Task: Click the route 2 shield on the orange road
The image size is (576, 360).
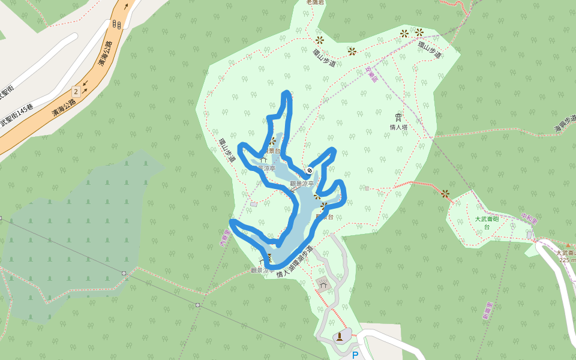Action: click(76, 92)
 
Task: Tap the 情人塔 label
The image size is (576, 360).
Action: click(398, 127)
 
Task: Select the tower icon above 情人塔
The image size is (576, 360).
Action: click(398, 117)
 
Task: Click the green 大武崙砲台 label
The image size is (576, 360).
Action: click(487, 223)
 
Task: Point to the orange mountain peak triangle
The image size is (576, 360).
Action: click(568, 245)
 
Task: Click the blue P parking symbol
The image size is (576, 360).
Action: click(355, 355)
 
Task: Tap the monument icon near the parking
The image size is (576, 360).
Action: click(340, 335)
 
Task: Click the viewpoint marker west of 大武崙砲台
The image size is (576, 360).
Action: click(445, 193)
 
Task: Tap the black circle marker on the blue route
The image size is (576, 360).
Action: click(310, 170)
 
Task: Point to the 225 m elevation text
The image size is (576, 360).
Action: click(567, 260)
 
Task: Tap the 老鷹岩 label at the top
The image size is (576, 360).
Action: click(315, 2)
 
